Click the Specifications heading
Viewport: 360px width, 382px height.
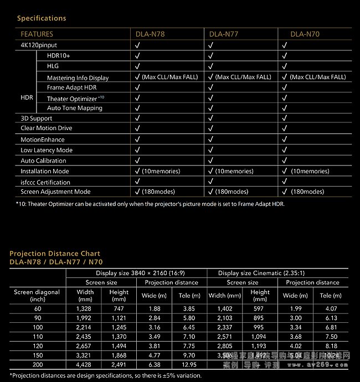[x=42, y=18]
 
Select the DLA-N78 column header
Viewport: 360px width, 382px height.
[x=150, y=34]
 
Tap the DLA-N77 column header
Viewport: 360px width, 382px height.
[x=224, y=34]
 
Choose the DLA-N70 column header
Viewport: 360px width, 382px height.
[x=305, y=34]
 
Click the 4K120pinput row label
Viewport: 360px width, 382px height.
[x=39, y=45]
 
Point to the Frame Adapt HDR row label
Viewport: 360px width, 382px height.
[x=72, y=87]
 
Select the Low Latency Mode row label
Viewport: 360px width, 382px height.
[x=47, y=150]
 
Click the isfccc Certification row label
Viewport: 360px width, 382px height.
[x=45, y=182]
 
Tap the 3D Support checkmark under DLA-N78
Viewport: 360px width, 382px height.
[x=137, y=118]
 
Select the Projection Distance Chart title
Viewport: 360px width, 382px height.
[x=52, y=254]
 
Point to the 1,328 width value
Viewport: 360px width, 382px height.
[x=85, y=308]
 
